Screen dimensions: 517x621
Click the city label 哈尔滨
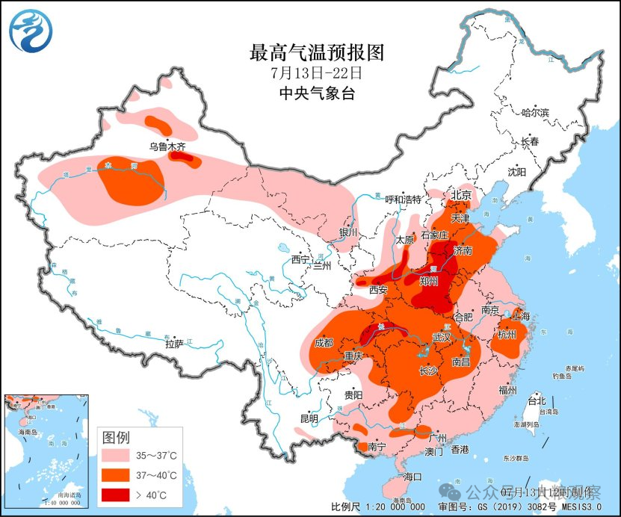click(534, 112)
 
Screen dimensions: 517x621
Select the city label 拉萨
click(174, 345)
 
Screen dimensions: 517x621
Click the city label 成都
click(324, 343)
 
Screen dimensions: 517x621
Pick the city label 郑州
click(430, 282)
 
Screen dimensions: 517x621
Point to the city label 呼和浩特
click(404, 199)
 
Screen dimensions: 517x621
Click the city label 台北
click(537, 401)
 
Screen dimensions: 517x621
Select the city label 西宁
click(300, 259)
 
